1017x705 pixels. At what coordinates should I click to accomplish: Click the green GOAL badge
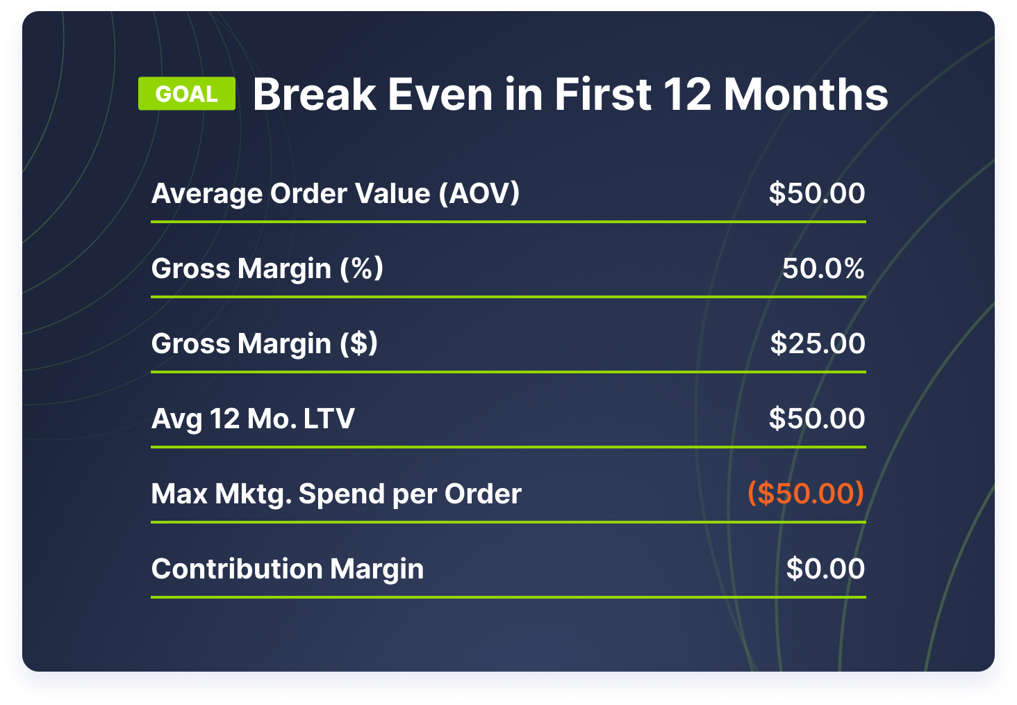tap(187, 94)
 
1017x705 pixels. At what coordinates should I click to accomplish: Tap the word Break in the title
tap(314, 95)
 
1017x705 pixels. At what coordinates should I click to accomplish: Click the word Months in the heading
tap(806, 95)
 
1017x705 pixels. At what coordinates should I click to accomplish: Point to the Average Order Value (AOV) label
tap(336, 194)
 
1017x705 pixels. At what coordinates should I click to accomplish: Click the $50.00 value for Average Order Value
tap(817, 193)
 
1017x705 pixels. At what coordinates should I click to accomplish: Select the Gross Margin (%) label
tap(267, 268)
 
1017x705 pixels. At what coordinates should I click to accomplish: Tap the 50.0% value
tap(823, 268)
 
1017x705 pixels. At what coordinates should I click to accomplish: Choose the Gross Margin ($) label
tap(264, 343)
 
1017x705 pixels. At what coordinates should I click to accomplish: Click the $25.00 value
tap(818, 343)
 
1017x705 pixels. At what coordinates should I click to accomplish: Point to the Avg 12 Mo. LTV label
tap(252, 419)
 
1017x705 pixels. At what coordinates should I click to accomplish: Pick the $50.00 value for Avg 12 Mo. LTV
tap(817, 418)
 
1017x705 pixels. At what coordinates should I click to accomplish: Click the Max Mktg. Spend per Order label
tap(336, 494)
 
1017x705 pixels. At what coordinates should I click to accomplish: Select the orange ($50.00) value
tap(806, 493)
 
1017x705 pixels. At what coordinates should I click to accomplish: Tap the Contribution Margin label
tap(288, 569)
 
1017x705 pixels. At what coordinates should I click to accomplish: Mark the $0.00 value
tap(825, 568)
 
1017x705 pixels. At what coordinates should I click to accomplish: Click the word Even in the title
tap(440, 95)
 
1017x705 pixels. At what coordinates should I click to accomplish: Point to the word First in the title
tap(603, 95)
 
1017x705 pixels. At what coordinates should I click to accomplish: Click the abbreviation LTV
tap(329, 418)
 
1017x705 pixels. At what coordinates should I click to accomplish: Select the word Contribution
tap(237, 569)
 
